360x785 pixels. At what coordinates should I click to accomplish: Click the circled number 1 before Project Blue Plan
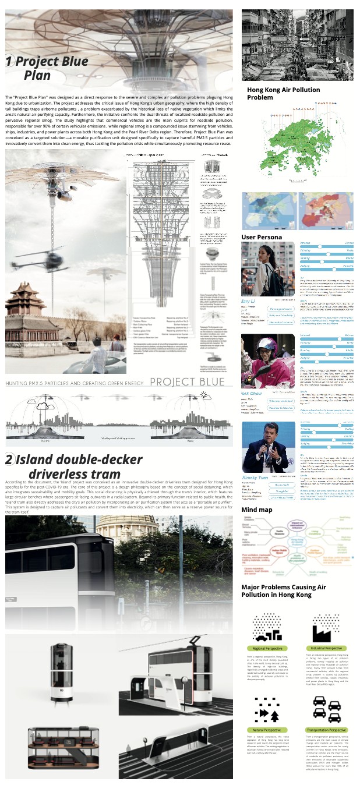[10, 61]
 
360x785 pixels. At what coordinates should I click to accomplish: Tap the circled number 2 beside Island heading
[10, 460]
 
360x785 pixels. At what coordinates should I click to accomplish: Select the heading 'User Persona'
[262, 237]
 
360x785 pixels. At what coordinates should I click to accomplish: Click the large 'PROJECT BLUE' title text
[186, 382]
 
